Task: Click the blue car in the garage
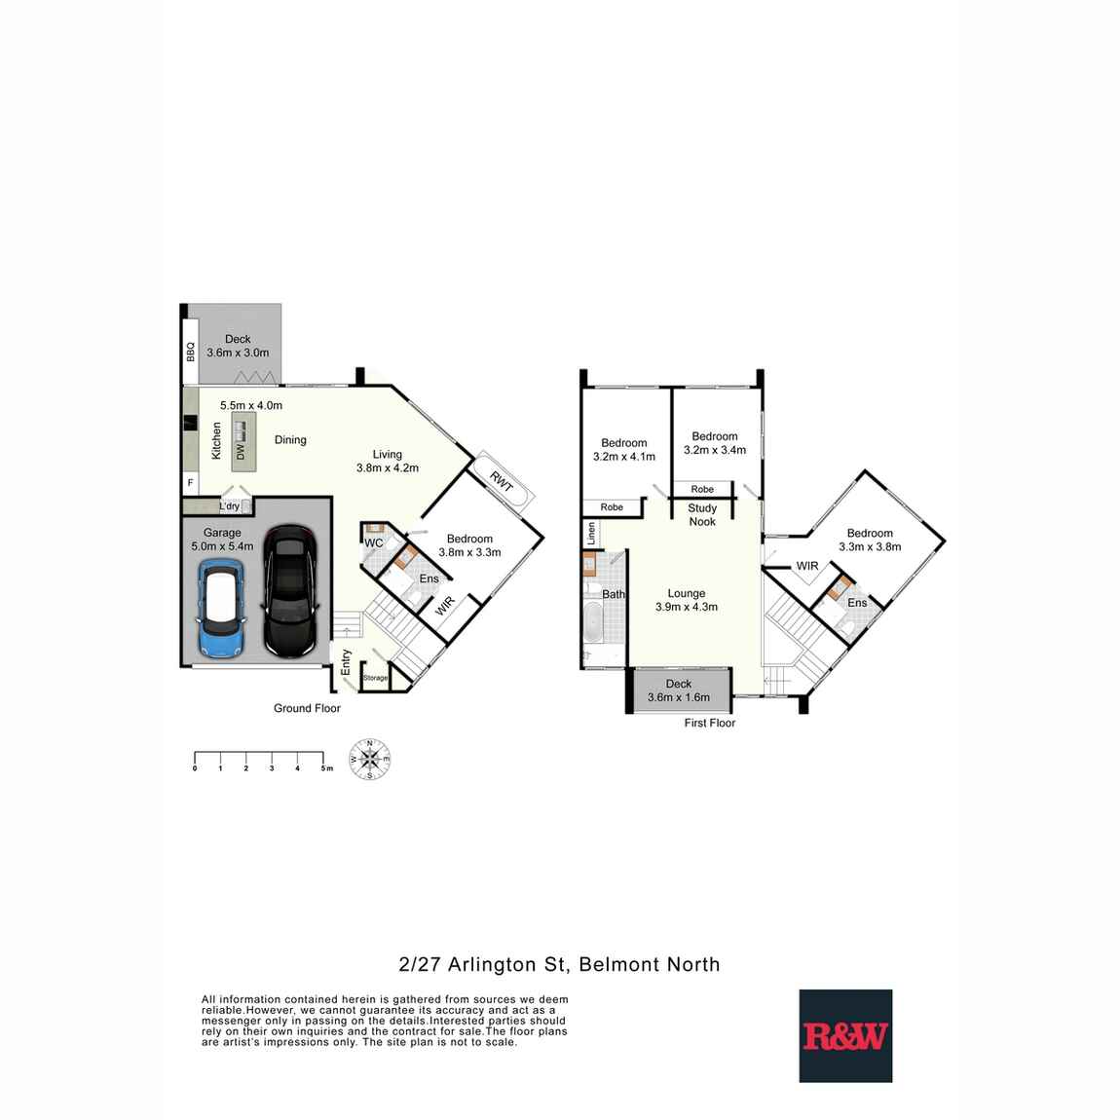(220, 610)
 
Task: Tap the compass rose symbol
(369, 760)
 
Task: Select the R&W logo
(845, 1036)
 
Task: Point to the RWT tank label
(501, 479)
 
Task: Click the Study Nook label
(702, 515)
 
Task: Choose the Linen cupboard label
(590, 534)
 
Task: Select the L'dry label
(229, 506)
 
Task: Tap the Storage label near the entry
(375, 678)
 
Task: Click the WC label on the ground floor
(373, 542)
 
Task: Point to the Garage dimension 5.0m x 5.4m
(222, 546)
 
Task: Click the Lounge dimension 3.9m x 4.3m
(687, 608)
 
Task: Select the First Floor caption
(710, 723)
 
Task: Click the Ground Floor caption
(307, 708)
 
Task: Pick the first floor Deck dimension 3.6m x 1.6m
(679, 697)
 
